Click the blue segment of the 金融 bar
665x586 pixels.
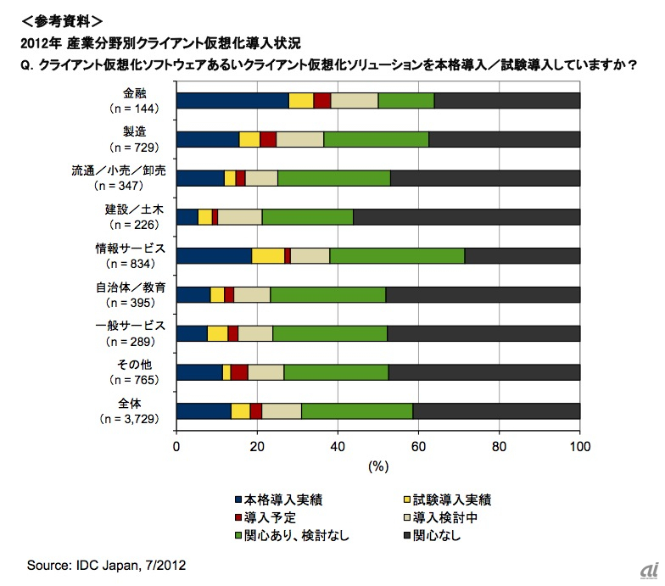(x=232, y=100)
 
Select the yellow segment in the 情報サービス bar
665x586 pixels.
(x=268, y=256)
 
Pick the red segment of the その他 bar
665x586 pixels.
(x=239, y=372)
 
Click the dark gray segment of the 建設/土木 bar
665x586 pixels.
(x=467, y=217)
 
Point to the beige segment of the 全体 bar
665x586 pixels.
(x=282, y=411)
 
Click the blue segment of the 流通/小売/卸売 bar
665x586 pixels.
(x=200, y=178)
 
